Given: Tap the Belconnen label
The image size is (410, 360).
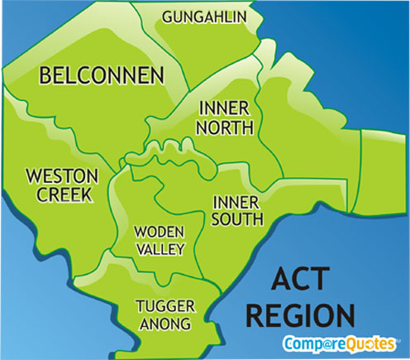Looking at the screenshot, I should tap(102, 76).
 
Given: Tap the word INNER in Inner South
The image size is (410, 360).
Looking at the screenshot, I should tap(236, 202).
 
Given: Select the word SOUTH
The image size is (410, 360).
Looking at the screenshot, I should tap(237, 219).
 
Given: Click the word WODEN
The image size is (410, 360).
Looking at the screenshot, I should tap(160, 231).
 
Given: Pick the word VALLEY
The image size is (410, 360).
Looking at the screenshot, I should tap(160, 247).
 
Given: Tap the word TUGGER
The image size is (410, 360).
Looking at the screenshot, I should tap(165, 306).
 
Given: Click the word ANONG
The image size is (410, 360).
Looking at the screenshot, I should tap(164, 324).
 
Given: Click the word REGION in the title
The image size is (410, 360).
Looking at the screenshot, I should tap(302, 315).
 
